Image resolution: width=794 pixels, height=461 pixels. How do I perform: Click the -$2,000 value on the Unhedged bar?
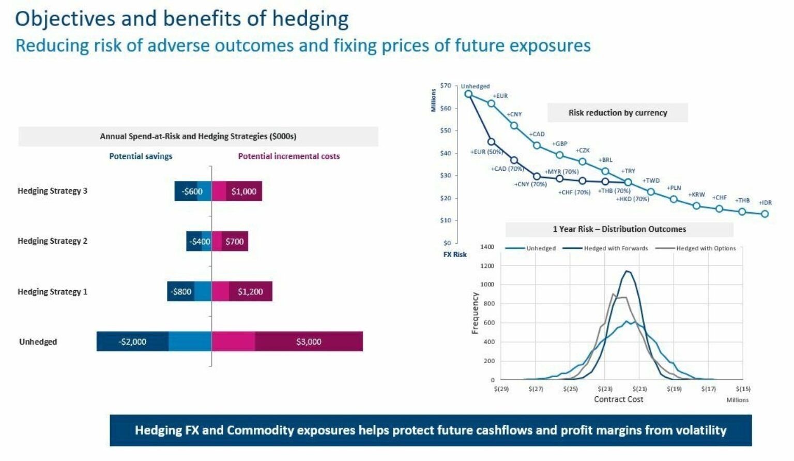tap(132, 342)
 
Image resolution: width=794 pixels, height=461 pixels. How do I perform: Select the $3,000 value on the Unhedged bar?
tap(309, 342)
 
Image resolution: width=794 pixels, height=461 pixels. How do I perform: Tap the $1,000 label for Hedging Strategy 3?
tap(243, 191)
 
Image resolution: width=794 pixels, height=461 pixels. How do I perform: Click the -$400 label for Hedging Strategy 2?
tap(200, 242)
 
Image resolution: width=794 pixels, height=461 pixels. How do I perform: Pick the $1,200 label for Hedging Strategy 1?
tap(250, 292)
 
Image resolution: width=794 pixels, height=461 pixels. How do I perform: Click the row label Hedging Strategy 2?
tap(52, 241)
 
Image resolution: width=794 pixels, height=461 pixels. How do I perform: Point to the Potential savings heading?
tap(141, 156)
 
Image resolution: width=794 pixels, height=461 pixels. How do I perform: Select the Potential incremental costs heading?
tap(289, 156)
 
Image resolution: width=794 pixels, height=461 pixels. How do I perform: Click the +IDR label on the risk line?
tap(765, 203)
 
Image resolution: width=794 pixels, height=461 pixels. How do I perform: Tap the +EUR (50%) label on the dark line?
tap(486, 152)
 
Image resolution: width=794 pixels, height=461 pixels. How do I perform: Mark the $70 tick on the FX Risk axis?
tap(445, 86)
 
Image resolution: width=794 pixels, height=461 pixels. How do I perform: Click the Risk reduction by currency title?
tap(617, 113)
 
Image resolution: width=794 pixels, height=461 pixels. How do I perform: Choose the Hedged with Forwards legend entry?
tap(615, 248)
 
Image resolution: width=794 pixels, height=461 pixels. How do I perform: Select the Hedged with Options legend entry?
tap(706, 248)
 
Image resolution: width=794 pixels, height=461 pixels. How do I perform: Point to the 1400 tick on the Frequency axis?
tap(487, 247)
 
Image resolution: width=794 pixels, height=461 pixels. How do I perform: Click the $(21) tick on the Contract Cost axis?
tap(639, 389)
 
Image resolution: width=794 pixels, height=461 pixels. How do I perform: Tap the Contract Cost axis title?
tap(618, 399)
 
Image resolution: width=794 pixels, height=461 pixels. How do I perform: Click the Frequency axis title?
tap(475, 313)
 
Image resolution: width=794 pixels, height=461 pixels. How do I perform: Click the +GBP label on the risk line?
tap(559, 144)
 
